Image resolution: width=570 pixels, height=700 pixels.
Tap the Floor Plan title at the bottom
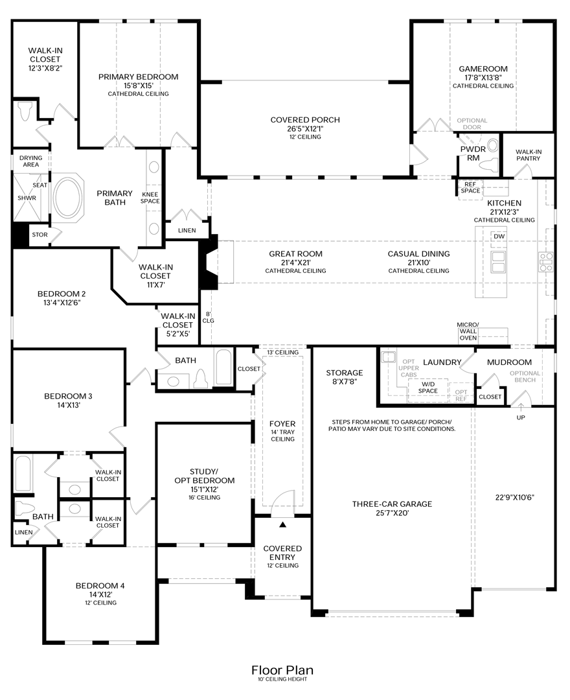[x=282, y=670]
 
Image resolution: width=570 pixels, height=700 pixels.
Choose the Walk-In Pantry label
[x=529, y=155]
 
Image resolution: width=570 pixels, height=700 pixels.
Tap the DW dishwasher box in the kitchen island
[x=499, y=236]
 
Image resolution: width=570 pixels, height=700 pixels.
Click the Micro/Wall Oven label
[x=468, y=331]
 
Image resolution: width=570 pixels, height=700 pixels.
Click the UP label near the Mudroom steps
[x=521, y=417]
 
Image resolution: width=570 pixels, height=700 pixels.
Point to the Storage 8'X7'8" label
[x=344, y=377]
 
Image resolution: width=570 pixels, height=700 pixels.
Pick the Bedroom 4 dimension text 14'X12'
[x=100, y=594]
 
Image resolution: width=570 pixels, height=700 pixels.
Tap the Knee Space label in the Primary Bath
[x=150, y=197]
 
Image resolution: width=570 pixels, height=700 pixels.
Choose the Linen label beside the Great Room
[x=186, y=230]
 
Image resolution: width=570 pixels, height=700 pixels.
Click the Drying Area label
[x=30, y=161]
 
